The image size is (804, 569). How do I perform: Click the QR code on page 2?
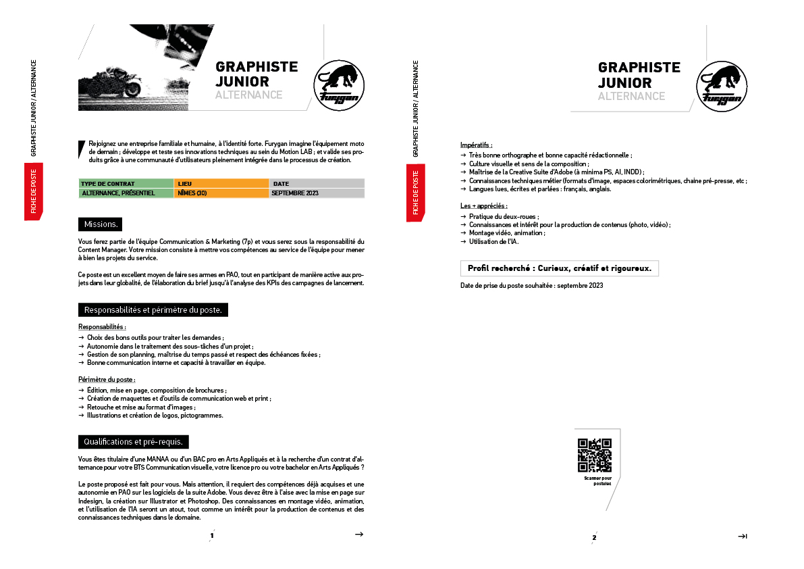[x=594, y=455]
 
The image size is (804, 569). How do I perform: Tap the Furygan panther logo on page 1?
[x=340, y=84]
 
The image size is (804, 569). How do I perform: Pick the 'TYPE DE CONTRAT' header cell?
[x=126, y=184]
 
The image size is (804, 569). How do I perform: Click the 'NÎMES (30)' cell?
[x=221, y=193]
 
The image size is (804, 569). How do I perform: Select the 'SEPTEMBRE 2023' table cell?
[x=317, y=193]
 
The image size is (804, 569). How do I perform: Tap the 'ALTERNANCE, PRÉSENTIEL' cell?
[x=126, y=193]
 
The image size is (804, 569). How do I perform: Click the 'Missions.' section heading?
[x=101, y=224]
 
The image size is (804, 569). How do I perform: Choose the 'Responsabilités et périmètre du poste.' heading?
[x=153, y=310]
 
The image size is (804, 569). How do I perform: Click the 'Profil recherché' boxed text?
[x=559, y=268]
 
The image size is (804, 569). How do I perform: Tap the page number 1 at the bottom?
[x=212, y=537]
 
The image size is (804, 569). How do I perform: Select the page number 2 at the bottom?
[x=594, y=538]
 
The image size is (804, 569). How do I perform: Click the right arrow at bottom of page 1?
[x=359, y=535]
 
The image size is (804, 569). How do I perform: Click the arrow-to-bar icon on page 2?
[x=742, y=537]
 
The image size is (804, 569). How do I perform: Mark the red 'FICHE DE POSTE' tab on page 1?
[x=34, y=191]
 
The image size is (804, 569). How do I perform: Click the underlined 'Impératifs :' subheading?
[x=476, y=145]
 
